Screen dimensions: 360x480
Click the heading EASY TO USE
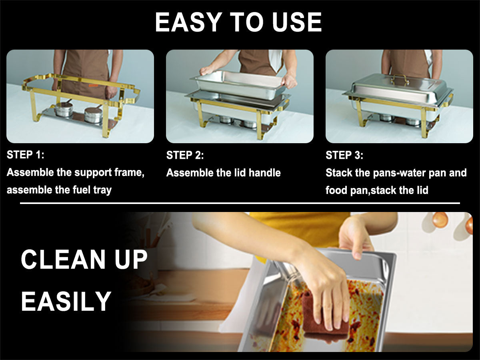(x=238, y=23)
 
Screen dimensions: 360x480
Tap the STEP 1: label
(x=26, y=155)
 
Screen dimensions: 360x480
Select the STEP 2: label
(x=185, y=155)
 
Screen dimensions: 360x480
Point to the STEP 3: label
(x=344, y=155)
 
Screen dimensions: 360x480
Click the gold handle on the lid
(x=400, y=78)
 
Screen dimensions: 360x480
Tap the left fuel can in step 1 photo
(x=64, y=109)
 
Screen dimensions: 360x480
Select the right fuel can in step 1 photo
(x=93, y=114)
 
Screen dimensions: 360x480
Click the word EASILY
(x=66, y=301)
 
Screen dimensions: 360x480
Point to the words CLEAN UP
(x=84, y=259)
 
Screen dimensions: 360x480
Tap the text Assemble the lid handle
(x=223, y=173)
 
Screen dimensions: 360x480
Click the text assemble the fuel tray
(x=59, y=190)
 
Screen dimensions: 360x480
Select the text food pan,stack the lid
(x=376, y=190)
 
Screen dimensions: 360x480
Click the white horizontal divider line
(x=240, y=203)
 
